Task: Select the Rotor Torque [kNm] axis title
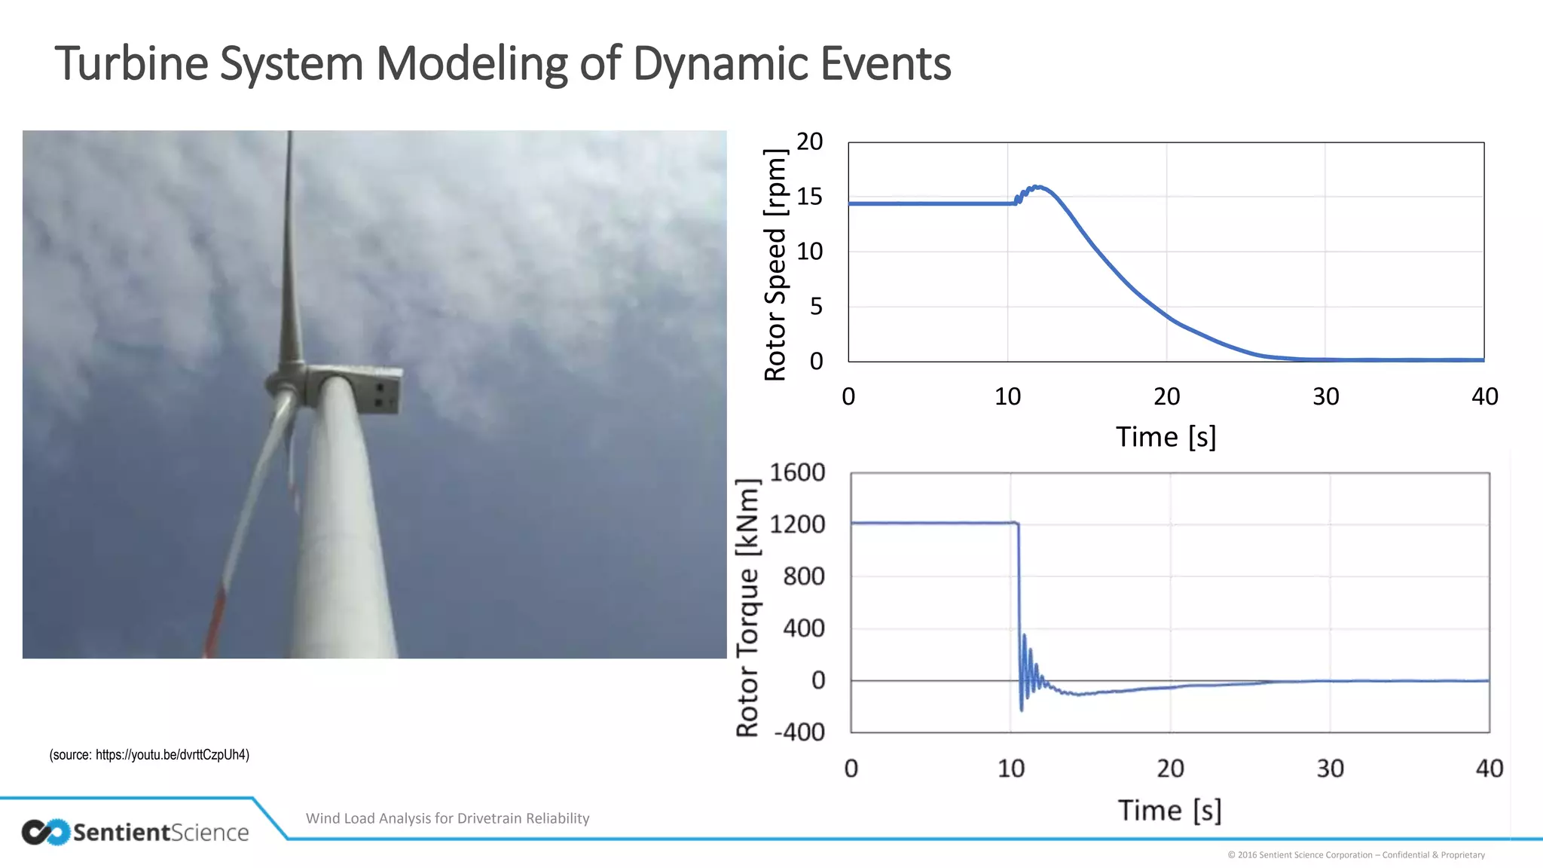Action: pos(747,607)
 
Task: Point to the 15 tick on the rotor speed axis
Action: pos(809,197)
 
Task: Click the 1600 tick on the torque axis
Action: pos(797,472)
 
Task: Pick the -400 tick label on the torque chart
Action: pos(799,732)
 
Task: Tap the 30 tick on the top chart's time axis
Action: pos(1325,396)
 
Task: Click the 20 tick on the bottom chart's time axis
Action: pos(1170,769)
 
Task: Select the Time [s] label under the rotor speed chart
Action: pos(1166,437)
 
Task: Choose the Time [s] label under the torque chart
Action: pos(1169,811)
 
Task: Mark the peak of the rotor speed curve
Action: pos(1037,186)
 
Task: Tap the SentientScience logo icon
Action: pos(45,832)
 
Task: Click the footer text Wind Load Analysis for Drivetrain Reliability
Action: pos(448,818)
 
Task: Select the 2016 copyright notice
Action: pos(1356,854)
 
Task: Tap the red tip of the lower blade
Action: pos(214,622)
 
